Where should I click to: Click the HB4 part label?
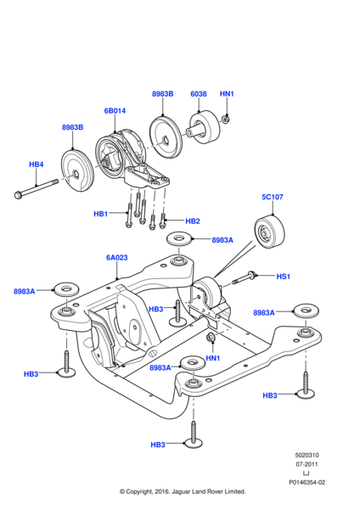(x=36, y=165)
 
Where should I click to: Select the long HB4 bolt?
(x=37, y=188)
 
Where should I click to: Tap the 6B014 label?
(x=115, y=111)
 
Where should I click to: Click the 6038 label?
(x=199, y=94)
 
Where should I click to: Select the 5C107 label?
(x=273, y=197)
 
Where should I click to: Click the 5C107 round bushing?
(x=270, y=232)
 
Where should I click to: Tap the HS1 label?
(x=283, y=277)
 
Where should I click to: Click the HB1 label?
(x=100, y=214)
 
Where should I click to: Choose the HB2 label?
(x=193, y=221)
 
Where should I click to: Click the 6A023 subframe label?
(x=116, y=258)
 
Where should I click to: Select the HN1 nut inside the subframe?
(x=210, y=337)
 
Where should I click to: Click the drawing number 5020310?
(x=307, y=456)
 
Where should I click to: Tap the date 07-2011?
(x=307, y=465)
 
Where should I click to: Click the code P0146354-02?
(x=307, y=483)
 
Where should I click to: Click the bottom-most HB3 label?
(x=158, y=445)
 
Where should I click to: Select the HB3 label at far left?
(x=31, y=374)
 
